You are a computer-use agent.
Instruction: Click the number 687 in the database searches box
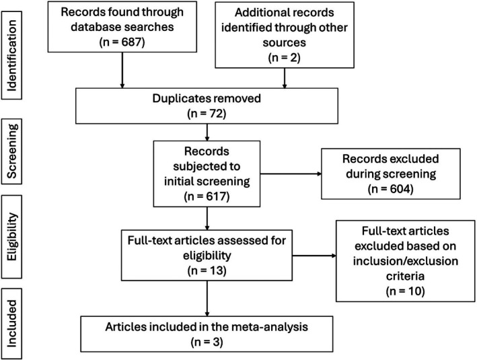pyautogui.click(x=131, y=42)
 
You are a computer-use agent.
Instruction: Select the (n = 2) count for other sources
pyautogui.click(x=284, y=57)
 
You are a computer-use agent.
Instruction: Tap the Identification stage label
pyautogui.click(x=11, y=55)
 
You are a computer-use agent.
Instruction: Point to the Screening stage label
pyautogui.click(x=12, y=151)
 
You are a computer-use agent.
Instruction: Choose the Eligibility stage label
pyautogui.click(x=12, y=236)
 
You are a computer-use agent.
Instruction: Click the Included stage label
pyautogui.click(x=11, y=324)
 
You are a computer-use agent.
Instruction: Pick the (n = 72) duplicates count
pyautogui.click(x=207, y=114)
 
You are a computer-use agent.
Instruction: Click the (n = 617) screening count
pyautogui.click(x=207, y=196)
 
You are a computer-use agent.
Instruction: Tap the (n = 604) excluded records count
pyautogui.click(x=391, y=188)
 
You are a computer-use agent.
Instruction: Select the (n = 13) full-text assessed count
pyautogui.click(x=207, y=271)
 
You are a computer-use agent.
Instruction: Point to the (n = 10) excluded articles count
pyautogui.click(x=405, y=291)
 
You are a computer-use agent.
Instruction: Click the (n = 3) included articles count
pyautogui.click(x=207, y=342)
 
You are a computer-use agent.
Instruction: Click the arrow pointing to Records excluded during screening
pyautogui.click(x=291, y=174)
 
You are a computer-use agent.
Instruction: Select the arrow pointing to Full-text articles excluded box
pyautogui.click(x=314, y=256)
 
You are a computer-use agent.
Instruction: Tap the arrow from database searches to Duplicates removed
pyautogui.click(x=122, y=70)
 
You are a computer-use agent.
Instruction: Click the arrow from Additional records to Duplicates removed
pyautogui.click(x=285, y=78)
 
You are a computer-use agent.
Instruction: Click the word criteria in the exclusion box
pyautogui.click(x=405, y=276)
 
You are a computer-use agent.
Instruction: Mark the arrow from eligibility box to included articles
pyautogui.click(x=207, y=299)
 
